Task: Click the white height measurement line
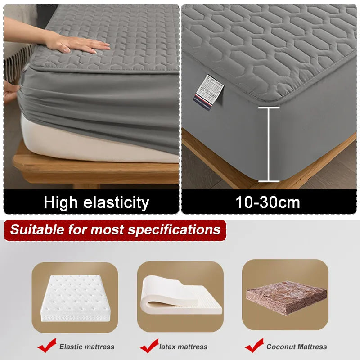pos(269,144)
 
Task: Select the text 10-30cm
pos(268,202)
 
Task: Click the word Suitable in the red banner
pos(38,229)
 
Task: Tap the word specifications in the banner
pos(174,229)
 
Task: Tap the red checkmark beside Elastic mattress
pos(47,346)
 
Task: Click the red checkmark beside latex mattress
pos(149,346)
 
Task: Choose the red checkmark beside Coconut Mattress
pos(254,346)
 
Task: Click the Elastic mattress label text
pos(87,346)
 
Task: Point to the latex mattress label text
pos(183,346)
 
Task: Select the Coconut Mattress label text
pos(297,346)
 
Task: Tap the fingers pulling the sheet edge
pos(10,91)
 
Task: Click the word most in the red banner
pos(107,229)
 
